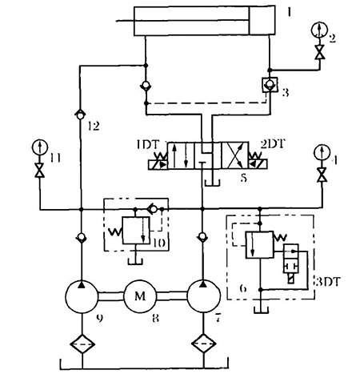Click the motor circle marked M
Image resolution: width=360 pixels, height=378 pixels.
(140, 296)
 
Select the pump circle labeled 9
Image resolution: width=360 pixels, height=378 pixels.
(82, 296)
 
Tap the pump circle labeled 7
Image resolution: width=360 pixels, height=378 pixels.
(204, 296)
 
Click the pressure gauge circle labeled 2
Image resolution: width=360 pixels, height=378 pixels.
(319, 30)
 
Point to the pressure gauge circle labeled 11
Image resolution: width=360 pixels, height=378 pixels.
(40, 147)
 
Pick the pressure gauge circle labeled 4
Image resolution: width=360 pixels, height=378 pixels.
(322, 153)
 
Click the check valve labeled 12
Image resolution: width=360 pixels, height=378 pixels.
(80, 115)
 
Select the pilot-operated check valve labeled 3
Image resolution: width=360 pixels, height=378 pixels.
(270, 85)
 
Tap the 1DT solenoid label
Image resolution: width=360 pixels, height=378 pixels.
(148, 145)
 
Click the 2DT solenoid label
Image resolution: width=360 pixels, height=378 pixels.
(273, 144)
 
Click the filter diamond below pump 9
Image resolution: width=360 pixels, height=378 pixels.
(82, 344)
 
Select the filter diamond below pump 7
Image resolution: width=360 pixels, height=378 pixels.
(204, 344)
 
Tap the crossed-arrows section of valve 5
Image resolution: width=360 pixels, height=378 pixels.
(234, 155)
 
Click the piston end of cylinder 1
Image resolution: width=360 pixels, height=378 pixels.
(262, 21)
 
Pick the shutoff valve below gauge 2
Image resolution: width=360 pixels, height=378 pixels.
(319, 52)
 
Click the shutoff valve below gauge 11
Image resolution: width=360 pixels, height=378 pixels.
(40, 170)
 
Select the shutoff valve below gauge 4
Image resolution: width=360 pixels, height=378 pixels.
(322, 175)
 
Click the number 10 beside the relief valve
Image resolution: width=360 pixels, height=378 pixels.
(160, 243)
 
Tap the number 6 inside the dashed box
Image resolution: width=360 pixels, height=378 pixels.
(243, 288)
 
